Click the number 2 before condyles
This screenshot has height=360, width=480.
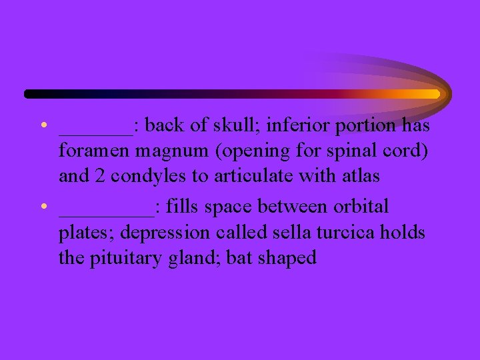pyautogui.click(x=95, y=177)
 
